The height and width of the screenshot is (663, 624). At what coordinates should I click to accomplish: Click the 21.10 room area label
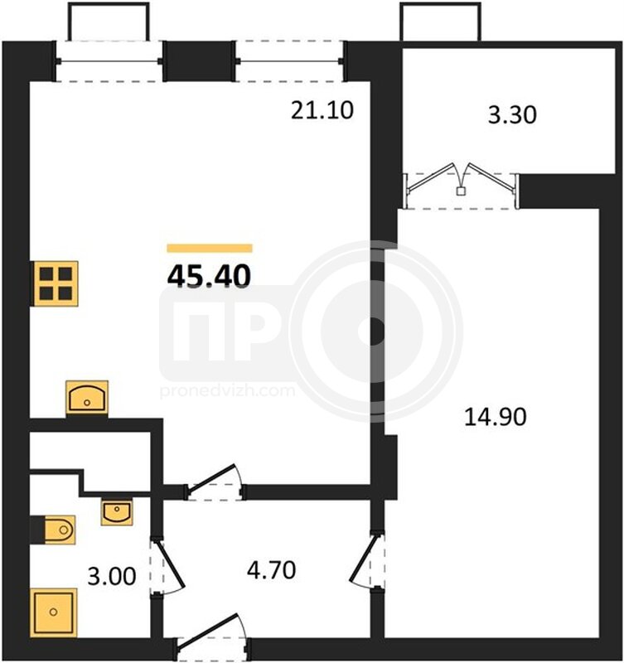coord(322,111)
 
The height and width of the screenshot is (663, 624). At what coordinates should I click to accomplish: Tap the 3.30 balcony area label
coord(512,114)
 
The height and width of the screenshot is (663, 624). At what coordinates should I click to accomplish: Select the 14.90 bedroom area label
coord(496,417)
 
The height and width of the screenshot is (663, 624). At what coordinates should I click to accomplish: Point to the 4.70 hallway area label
coord(272,570)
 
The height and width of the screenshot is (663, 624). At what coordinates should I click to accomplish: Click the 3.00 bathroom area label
coord(112,576)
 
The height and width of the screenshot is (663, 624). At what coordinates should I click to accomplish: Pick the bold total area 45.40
coord(210,276)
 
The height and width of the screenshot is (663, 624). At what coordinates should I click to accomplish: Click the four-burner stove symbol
coord(56,283)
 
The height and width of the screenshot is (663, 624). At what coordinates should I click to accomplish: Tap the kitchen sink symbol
coord(87,398)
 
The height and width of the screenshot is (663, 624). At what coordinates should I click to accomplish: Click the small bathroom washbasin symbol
coord(117,512)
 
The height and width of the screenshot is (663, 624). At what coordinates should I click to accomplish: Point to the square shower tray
coord(54,612)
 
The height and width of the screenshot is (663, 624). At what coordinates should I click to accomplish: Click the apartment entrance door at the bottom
coord(213,637)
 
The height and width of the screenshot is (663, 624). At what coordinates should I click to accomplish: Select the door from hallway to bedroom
coord(367,562)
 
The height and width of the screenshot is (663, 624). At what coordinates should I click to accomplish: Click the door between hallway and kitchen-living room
coord(215,483)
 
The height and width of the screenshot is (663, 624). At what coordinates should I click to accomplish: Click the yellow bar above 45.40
coord(210,248)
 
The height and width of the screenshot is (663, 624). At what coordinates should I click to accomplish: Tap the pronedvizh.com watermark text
coord(227,390)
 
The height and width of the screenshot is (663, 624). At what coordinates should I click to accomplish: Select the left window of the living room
coord(109,61)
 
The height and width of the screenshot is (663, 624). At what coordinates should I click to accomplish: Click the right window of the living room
coord(289,61)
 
